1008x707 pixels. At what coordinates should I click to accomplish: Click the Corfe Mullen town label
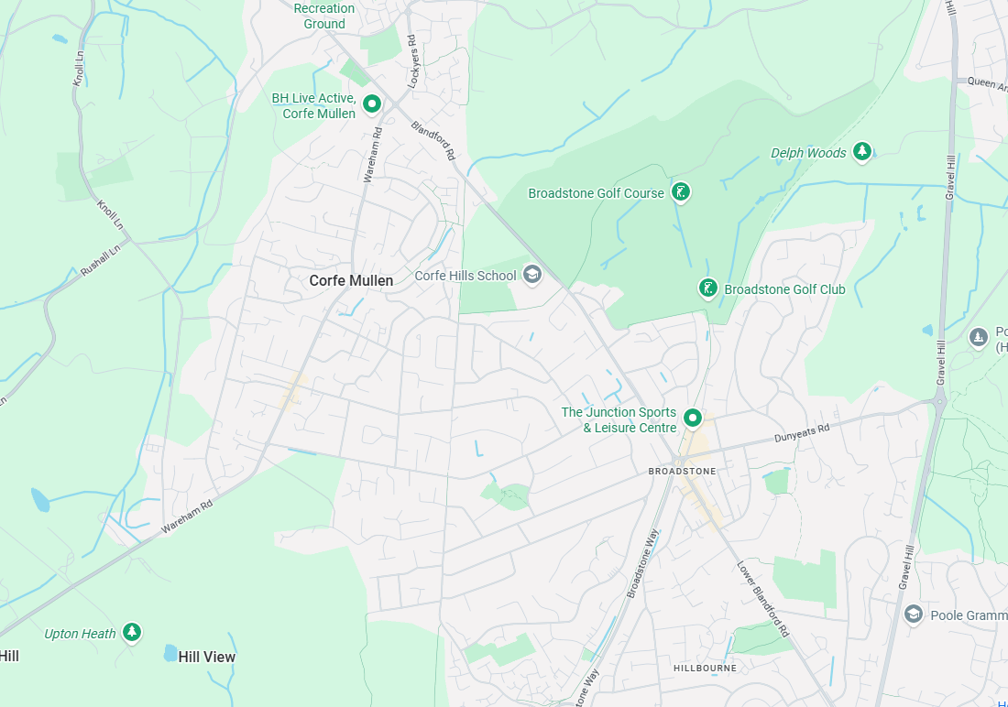[x=351, y=280]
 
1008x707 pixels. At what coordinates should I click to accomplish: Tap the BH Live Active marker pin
[x=372, y=104]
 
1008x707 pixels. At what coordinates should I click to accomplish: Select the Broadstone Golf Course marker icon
[x=680, y=191]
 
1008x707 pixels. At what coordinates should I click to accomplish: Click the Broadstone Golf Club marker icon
[x=707, y=288]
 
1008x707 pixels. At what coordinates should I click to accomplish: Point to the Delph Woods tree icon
[x=861, y=151]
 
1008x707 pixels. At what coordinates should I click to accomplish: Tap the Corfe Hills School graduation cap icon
[x=531, y=274]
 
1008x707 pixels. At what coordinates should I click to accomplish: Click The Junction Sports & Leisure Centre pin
[x=693, y=419]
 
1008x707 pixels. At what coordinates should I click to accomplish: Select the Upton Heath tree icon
[x=133, y=632]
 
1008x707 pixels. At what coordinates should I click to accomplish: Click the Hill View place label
[x=207, y=657]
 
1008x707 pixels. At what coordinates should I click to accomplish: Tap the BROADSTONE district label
[x=682, y=471]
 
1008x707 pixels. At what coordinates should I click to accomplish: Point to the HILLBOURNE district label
[x=706, y=668]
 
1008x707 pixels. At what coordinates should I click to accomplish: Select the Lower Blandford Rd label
[x=763, y=599]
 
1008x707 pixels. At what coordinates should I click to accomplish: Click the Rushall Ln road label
[x=101, y=262]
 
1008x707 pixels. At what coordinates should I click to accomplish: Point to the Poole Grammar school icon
[x=913, y=614]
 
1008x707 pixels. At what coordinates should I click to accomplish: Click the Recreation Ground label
[x=324, y=16]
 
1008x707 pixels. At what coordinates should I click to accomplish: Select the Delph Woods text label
[x=808, y=153]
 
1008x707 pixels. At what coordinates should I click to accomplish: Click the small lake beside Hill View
[x=170, y=653]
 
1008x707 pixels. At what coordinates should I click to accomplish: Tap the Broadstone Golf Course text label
[x=596, y=193]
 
